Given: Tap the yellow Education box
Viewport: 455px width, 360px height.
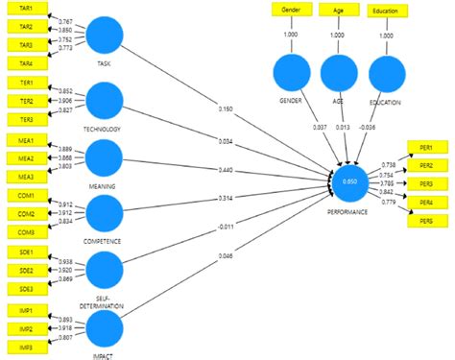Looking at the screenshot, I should tap(386, 11).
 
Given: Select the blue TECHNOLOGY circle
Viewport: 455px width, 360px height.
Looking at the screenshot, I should tap(105, 101).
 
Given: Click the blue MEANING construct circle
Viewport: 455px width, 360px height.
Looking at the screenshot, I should tap(105, 157).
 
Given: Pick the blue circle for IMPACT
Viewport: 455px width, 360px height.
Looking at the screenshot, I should tap(105, 328).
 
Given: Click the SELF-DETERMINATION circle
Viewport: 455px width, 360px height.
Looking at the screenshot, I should tap(105, 271).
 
